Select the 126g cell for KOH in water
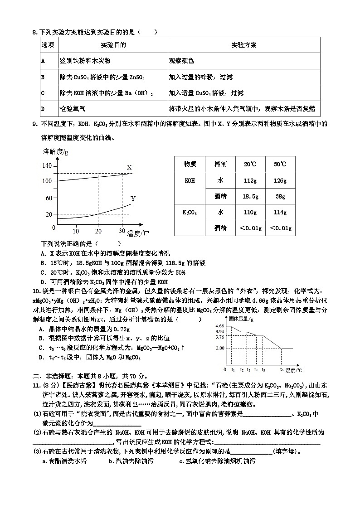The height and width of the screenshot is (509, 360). pyautogui.click(x=280, y=180)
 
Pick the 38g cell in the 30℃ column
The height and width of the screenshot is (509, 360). pyautogui.click(x=280, y=196)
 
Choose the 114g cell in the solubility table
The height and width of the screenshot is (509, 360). pyautogui.click(x=280, y=212)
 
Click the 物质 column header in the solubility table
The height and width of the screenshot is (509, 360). pyautogui.click(x=190, y=164)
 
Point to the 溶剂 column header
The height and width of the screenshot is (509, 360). pyautogui.click(x=220, y=164)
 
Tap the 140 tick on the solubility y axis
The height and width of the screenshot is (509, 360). pyautogui.click(x=47, y=166)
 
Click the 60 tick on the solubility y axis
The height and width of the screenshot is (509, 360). pyautogui.click(x=49, y=198)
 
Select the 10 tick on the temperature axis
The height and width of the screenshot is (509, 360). pyautogui.click(x=76, y=230)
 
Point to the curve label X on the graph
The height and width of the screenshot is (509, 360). pyautogui.click(x=129, y=167)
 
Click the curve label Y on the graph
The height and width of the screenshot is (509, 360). pyautogui.click(x=133, y=199)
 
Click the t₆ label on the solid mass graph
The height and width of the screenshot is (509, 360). pyautogui.click(x=282, y=369)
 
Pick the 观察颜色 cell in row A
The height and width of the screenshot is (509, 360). pyautogui.click(x=181, y=60)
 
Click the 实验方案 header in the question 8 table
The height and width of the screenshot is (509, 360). pyautogui.click(x=244, y=45)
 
